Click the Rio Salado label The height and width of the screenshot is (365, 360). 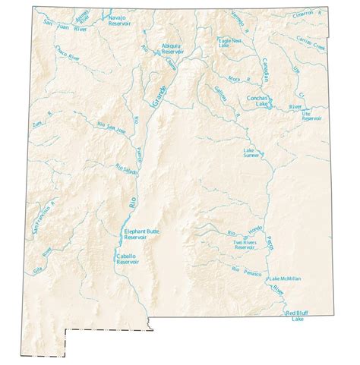(125, 170)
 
